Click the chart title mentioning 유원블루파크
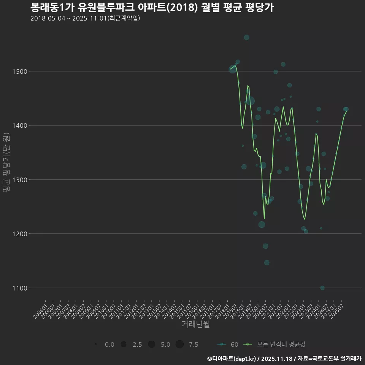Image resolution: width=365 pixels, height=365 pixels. (152, 8)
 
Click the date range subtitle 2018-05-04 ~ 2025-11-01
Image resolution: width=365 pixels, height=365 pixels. (85, 18)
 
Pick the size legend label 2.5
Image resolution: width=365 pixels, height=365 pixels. (137, 344)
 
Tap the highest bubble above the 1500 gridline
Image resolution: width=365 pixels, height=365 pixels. (246, 37)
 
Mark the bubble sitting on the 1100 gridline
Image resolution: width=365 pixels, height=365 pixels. (322, 288)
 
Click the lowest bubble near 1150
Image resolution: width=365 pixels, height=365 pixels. (267, 262)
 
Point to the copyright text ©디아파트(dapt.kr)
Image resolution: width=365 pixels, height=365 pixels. (232, 358)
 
